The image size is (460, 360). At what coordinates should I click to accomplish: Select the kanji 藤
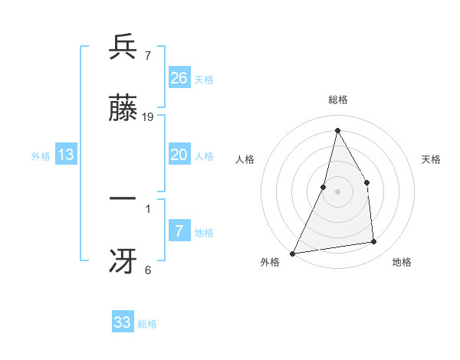click(x=123, y=109)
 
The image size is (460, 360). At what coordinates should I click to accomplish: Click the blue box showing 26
click(x=179, y=77)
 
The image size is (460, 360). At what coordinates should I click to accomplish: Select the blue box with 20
click(x=179, y=155)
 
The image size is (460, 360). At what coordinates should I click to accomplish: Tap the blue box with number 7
click(x=179, y=231)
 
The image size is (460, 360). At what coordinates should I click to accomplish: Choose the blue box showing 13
click(x=66, y=155)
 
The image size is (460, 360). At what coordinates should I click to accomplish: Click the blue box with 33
click(x=123, y=322)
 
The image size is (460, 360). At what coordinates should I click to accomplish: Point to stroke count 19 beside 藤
click(x=149, y=116)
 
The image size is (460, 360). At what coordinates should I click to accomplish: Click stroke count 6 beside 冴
click(x=148, y=270)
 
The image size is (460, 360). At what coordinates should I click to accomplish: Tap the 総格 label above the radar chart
click(x=338, y=100)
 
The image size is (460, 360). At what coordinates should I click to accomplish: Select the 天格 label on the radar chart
click(x=432, y=159)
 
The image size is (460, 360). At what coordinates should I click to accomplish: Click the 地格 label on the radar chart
click(x=402, y=262)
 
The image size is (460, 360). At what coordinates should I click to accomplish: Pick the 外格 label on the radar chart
click(x=270, y=262)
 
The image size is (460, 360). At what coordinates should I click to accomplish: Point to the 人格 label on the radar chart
click(x=245, y=159)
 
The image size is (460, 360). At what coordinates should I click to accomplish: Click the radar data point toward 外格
click(x=293, y=253)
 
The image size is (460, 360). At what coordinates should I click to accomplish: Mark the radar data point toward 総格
click(x=337, y=130)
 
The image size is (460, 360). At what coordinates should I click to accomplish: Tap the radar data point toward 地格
click(x=374, y=242)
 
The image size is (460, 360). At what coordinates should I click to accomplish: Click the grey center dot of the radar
click(x=337, y=191)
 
